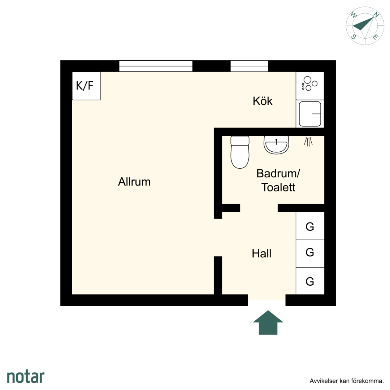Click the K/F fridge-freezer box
pyautogui.click(x=86, y=86)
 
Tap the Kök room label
pyautogui.click(x=263, y=101)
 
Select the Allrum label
pyautogui.click(x=134, y=182)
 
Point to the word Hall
pyautogui.click(x=261, y=254)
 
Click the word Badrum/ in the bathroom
pyautogui.click(x=278, y=173)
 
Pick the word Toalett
pyautogui.click(x=278, y=187)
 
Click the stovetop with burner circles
pyautogui.click(x=310, y=86)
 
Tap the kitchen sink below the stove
pyautogui.click(x=310, y=114)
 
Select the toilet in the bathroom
pyautogui.click(x=240, y=152)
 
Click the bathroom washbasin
pyautogui.click(x=276, y=145)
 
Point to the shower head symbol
pyautogui.click(x=308, y=142)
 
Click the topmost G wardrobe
pyautogui.click(x=310, y=226)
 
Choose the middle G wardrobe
pyautogui.click(x=310, y=253)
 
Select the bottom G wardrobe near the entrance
pyautogui.click(x=310, y=281)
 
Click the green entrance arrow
pyautogui.click(x=268, y=322)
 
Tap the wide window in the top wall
pyautogui.click(x=156, y=66)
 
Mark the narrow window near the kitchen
pyautogui.click(x=249, y=66)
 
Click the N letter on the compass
pyautogui.click(x=376, y=15)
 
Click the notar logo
pyautogui.click(x=26, y=377)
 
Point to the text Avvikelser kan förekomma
pyautogui.click(x=346, y=381)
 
